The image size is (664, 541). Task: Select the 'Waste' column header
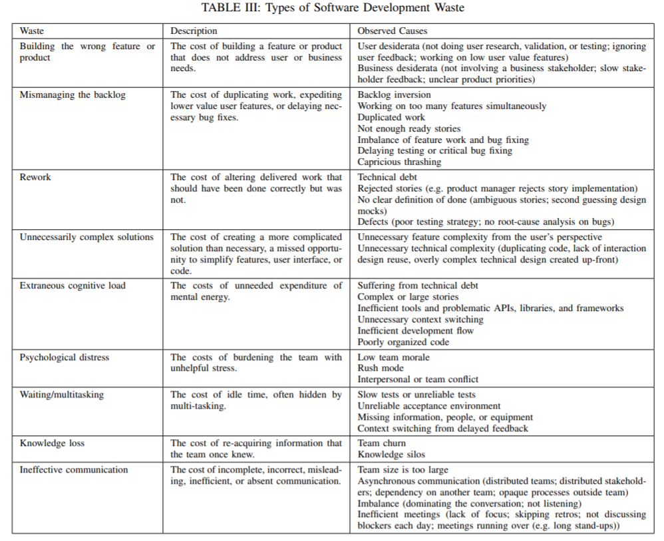(32, 31)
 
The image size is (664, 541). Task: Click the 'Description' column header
(194, 31)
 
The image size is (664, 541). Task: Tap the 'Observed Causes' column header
(393, 31)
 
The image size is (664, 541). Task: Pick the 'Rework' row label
(35, 177)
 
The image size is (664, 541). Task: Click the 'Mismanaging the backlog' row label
(73, 95)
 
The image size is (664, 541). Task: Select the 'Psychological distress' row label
(64, 358)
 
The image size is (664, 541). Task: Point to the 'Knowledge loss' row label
(52, 443)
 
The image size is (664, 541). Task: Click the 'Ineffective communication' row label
(74, 470)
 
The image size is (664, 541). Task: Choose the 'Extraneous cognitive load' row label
(73, 286)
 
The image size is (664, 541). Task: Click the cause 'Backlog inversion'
(395, 95)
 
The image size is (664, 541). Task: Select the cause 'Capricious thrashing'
(399, 162)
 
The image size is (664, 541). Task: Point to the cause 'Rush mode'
(380, 368)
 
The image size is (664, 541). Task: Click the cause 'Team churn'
(381, 443)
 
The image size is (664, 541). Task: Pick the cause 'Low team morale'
(393, 358)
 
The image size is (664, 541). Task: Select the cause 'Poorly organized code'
(403, 342)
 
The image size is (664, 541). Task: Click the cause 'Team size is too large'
(403, 470)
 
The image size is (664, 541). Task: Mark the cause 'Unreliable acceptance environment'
(429, 406)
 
